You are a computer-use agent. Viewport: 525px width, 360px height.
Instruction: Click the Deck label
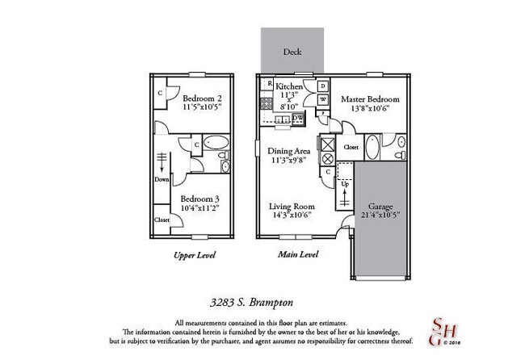pyautogui.click(x=292, y=52)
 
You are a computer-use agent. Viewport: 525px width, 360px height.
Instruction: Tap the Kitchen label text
pyautogui.click(x=289, y=86)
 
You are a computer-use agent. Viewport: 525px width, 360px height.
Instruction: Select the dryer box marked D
pyautogui.click(x=321, y=86)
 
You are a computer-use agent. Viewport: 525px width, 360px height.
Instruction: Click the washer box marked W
pyautogui.click(x=321, y=100)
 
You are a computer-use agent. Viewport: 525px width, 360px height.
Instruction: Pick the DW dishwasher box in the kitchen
pyautogui.click(x=297, y=118)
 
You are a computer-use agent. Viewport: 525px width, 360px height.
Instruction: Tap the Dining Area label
pyautogui.click(x=289, y=151)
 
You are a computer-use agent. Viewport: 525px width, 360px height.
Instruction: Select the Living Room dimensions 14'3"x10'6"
pyautogui.click(x=292, y=216)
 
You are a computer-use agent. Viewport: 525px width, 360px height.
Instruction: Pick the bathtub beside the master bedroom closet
pyautogui.click(x=372, y=148)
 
